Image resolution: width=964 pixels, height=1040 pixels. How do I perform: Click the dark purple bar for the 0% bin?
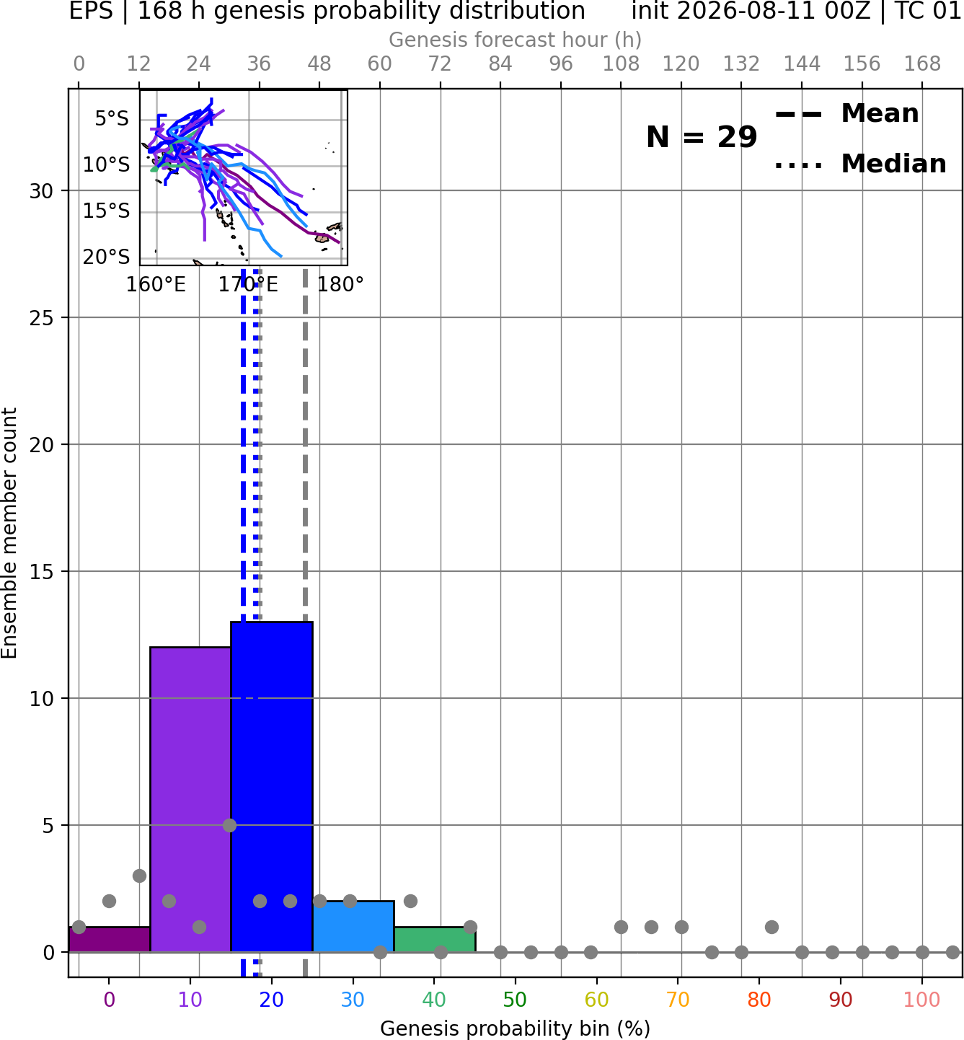point(110,939)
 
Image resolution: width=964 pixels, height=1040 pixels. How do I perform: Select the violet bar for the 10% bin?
point(190,799)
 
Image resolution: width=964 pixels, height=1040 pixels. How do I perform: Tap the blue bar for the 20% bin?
point(272,787)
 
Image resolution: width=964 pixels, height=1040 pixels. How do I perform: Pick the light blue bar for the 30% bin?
point(353,926)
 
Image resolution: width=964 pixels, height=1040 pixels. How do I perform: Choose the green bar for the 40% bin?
point(435,939)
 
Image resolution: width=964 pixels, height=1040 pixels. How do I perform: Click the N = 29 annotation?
point(701,137)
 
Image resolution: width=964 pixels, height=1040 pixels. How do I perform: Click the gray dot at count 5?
point(229,825)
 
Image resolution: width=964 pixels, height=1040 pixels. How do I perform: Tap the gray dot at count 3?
point(139,876)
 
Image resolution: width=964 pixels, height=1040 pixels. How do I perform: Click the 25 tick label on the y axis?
point(41,318)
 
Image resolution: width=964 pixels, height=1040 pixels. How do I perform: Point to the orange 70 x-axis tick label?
point(678,1000)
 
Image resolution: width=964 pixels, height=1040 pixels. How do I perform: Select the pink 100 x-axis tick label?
point(922,1000)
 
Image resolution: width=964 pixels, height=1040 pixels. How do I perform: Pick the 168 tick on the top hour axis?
point(922,64)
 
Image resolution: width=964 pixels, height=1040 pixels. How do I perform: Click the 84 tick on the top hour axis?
point(500,64)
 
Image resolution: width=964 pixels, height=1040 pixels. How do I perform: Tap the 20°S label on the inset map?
point(106,257)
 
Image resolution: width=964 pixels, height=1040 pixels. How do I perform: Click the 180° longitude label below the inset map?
point(340,285)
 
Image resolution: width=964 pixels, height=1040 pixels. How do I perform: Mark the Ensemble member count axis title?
point(9,533)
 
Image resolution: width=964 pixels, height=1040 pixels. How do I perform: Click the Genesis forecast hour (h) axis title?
point(516,40)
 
